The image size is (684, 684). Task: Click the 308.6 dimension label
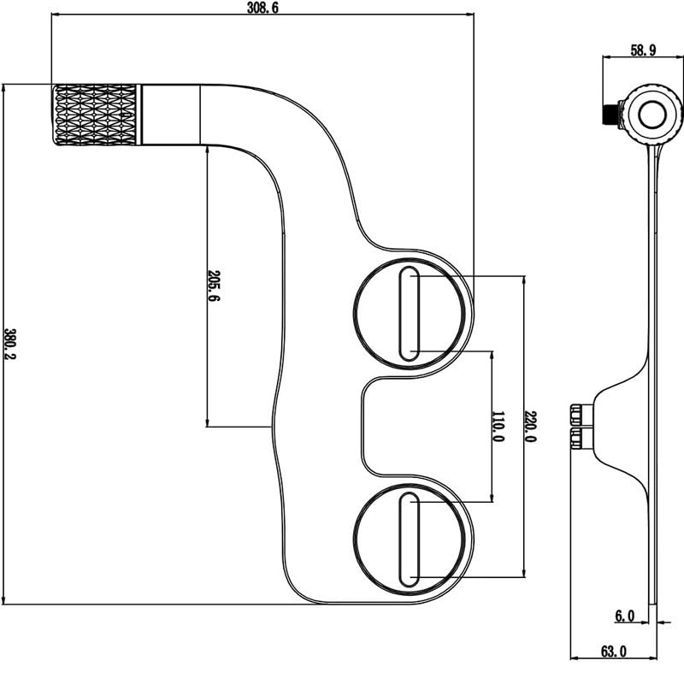pos(262,9)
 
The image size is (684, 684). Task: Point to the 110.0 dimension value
pos(498,425)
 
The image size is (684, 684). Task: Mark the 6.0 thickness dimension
pos(624,615)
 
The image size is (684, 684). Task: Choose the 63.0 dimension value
pos(613,652)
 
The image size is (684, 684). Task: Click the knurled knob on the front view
pos(97,115)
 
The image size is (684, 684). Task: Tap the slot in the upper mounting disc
pos(410,314)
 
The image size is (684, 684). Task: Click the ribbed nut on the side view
pos(578,426)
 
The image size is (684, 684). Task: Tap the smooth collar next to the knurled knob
pos(171,114)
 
